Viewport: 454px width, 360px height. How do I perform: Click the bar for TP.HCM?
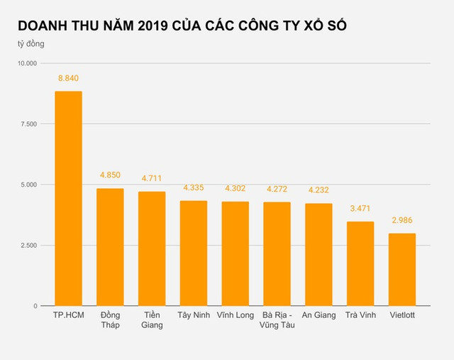[68, 199]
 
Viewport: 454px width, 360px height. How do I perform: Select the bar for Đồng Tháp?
[110, 247]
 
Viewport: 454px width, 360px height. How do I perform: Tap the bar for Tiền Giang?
[152, 249]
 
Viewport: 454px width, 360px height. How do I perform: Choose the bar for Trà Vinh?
[360, 263]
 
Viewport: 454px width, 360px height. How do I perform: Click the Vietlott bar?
[402, 270]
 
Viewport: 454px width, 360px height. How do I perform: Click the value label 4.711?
[152, 180]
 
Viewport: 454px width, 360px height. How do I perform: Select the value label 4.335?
[193, 188]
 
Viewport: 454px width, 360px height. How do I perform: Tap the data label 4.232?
[319, 190]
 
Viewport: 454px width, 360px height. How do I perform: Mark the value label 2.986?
[402, 220]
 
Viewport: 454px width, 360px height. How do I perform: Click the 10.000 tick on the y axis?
[27, 64]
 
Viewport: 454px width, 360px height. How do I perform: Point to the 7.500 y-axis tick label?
[29, 124]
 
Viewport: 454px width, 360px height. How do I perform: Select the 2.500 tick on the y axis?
[29, 245]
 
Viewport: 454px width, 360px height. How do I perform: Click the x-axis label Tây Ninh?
[193, 315]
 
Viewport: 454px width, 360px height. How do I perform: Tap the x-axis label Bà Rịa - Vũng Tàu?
[277, 320]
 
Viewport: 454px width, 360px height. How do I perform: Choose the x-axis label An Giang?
[319, 315]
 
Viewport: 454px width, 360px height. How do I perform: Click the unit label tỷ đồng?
[33, 44]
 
